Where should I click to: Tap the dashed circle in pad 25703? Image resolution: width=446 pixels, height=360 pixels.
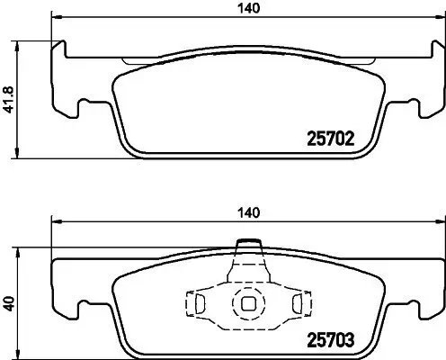tap(246, 303)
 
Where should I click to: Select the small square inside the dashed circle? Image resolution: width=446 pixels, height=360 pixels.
tap(246, 303)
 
